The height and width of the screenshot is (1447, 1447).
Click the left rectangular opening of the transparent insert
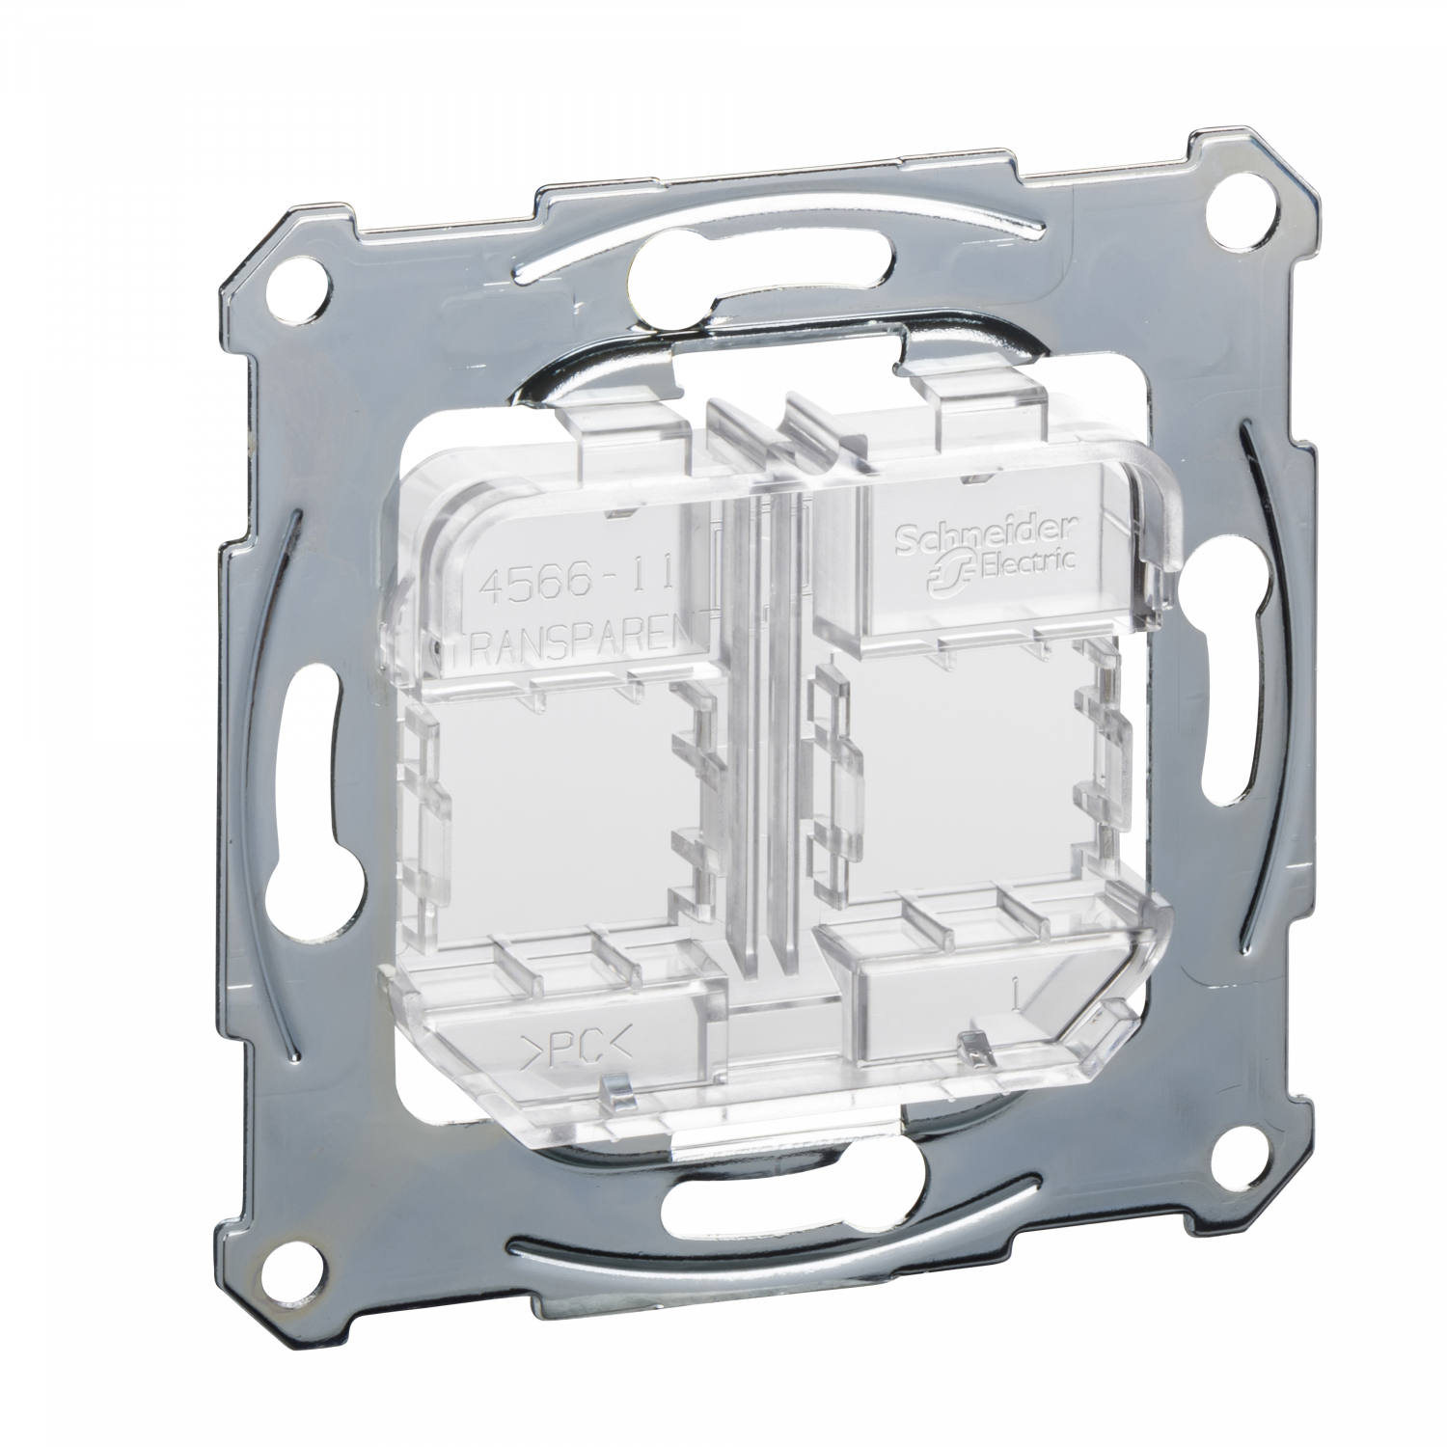pyautogui.click(x=545, y=801)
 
